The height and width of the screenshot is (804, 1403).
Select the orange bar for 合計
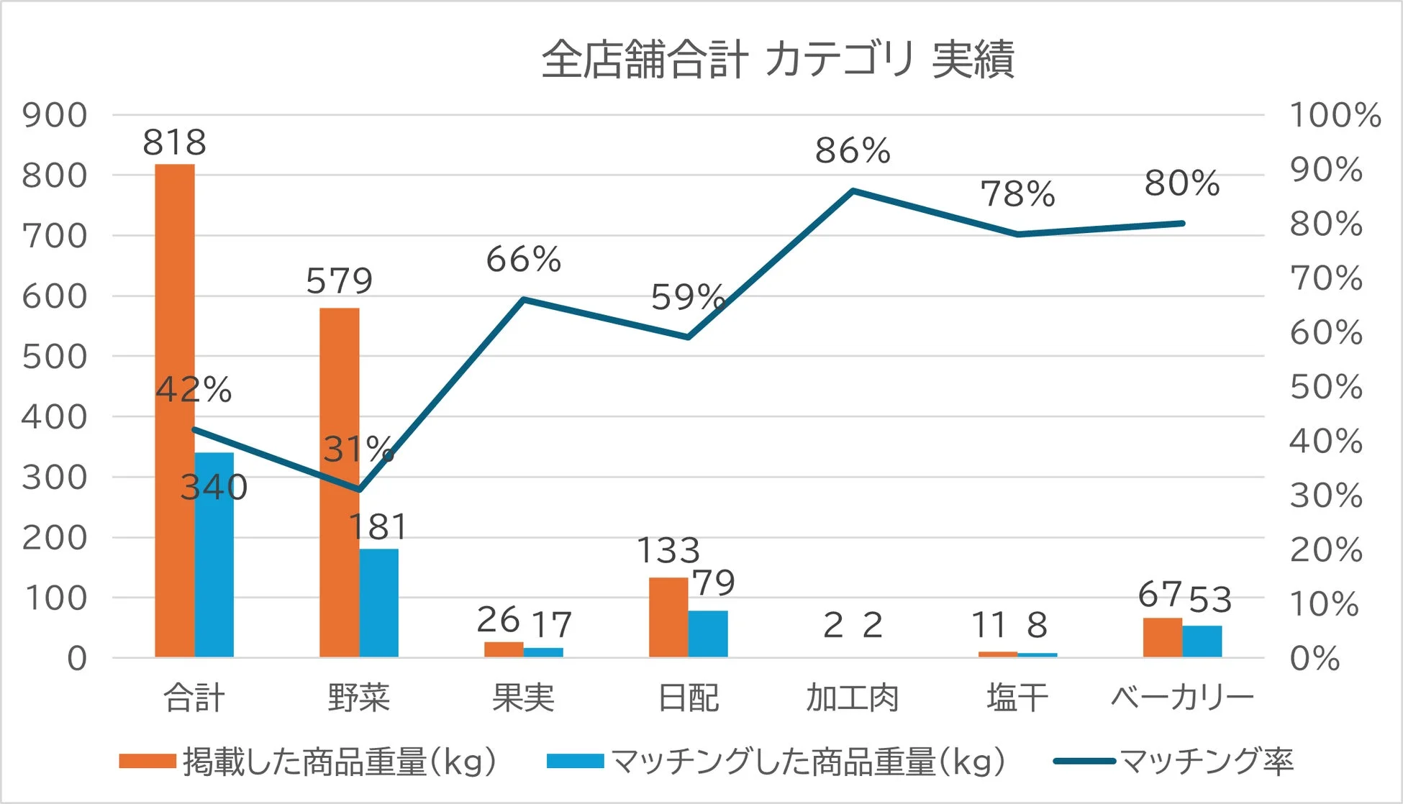(x=175, y=410)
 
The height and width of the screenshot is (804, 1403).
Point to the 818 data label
(x=175, y=142)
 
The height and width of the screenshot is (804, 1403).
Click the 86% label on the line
(x=853, y=151)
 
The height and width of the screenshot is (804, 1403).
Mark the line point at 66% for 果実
(x=524, y=299)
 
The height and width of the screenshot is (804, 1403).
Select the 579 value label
(x=340, y=280)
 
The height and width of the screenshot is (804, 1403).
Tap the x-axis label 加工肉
(x=853, y=698)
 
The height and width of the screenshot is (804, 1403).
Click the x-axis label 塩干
(x=1017, y=698)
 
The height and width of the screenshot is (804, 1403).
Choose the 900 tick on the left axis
(x=55, y=115)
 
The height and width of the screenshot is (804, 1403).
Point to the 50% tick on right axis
(x=1326, y=387)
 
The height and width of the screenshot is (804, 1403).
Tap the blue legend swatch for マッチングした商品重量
(x=575, y=762)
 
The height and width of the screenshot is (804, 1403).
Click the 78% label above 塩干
(x=1017, y=194)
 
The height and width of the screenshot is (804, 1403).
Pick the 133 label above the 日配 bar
(x=668, y=551)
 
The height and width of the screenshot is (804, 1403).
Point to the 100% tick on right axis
(x=1335, y=115)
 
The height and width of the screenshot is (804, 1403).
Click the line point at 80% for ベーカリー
(x=1182, y=224)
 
